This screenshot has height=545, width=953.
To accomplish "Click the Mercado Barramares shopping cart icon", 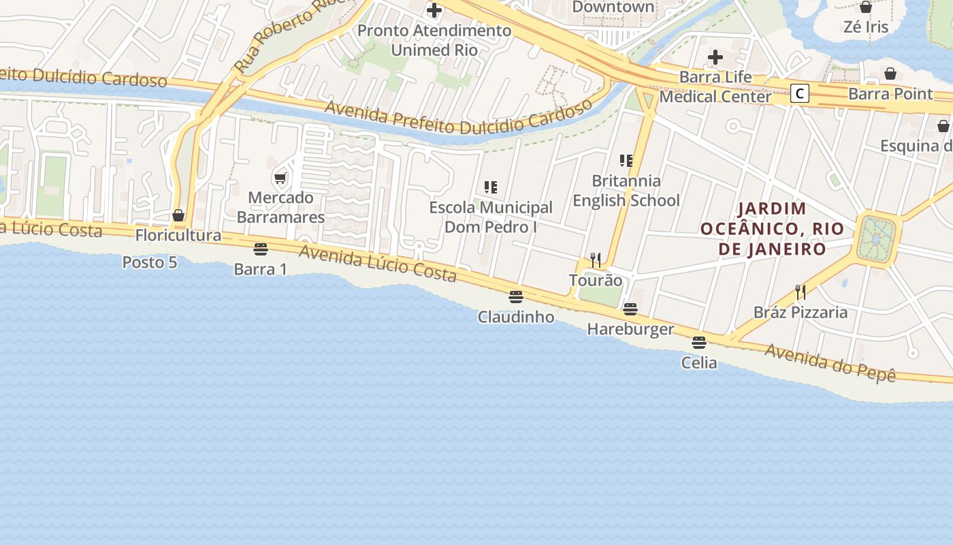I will coord(280,178).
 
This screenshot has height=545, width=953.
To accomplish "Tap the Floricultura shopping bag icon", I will coord(178,216).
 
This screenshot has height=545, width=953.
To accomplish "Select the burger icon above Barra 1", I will coord(260,249).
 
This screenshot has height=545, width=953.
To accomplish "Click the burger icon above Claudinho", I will coord(516,297).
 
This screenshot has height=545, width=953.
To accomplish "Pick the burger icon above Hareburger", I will coord(630,309).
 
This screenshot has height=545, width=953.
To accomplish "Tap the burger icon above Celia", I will coord(699,343).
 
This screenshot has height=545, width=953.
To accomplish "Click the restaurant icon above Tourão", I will coord(596,260).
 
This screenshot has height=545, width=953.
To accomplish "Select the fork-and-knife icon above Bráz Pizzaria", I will coord(801,292).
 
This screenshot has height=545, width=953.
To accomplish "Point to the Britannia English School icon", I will coord(626,161).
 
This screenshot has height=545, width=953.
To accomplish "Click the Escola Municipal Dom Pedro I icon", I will coord(490,187).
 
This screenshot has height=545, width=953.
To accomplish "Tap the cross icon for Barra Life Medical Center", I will coord(715,57).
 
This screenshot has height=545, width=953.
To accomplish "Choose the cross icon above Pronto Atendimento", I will coord(434,10).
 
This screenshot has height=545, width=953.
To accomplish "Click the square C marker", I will coord(800,94).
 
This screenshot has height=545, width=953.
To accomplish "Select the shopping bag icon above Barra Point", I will coord(890,74).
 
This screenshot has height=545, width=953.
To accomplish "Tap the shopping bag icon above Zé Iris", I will coord(866,7).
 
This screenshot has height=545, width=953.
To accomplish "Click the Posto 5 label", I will coord(150,262).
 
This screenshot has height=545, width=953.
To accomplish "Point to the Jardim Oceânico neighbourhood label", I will coord(772,228).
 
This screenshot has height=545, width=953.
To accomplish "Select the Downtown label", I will coord(613,7).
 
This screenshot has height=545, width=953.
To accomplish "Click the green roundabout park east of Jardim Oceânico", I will coord(877,238).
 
